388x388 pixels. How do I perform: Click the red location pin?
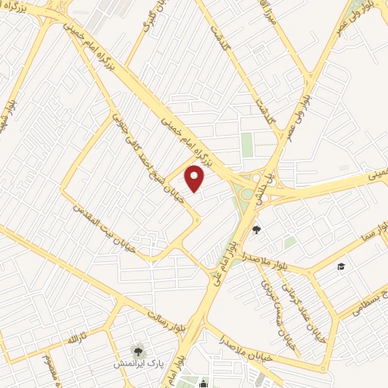(x=196, y=179)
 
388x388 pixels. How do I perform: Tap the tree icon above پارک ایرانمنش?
(x=138, y=349)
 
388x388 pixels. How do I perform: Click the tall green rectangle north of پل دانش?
(x=247, y=144)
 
